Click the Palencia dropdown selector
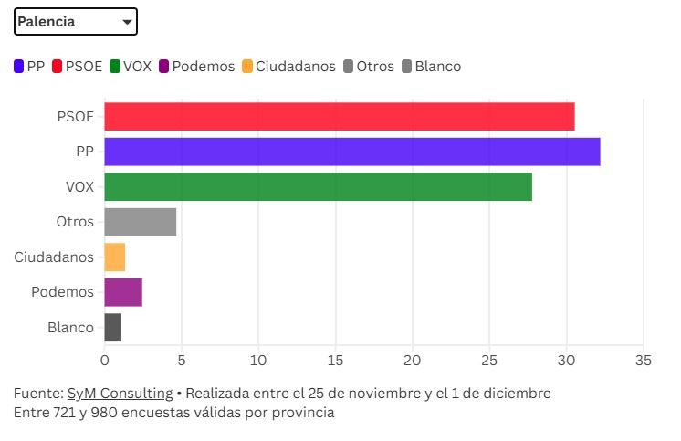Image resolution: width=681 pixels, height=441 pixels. pos(76,22)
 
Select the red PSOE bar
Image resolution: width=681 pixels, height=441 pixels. pos(339,117)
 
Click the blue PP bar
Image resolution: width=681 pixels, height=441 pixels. pos(351,152)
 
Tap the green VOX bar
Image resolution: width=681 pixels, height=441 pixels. pos(318,186)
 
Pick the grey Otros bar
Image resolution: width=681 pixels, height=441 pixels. pos(140,222)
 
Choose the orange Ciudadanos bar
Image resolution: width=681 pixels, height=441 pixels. pos(114,257)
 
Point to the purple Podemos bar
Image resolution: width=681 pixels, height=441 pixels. pos(123,292)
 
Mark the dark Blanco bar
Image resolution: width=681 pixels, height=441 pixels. pos(112,327)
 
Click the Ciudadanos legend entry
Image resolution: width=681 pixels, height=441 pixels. pos(288,67)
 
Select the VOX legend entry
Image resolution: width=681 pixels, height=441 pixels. pos(131,67)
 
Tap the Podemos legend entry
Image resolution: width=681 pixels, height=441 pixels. pos(196,67)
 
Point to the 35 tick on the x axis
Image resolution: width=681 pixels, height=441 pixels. pos(644,360)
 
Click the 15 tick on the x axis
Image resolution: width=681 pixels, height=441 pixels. pos(336,360)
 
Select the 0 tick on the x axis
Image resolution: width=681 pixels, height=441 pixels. pos(104,360)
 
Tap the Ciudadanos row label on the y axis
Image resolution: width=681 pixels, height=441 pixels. pos(54,257)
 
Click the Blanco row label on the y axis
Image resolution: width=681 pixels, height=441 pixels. pos(70,327)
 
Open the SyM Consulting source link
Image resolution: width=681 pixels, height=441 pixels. pos(120,394)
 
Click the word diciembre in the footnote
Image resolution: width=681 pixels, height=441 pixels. pos(519,394)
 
